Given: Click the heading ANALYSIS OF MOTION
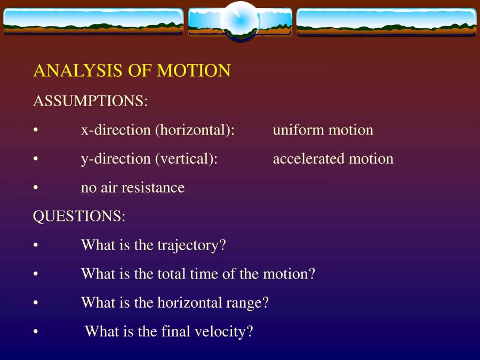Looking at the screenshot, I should coord(132,71).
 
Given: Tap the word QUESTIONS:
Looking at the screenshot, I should coord(79,217).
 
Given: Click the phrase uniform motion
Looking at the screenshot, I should coord(323,130).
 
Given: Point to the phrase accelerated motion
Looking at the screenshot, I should coord(333,159).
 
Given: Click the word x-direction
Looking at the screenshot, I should coord(116,130).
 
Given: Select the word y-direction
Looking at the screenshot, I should coord(116,159).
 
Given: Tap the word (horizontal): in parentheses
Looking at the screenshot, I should coord(195,130).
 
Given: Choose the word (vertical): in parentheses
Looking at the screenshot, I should coord(186,159).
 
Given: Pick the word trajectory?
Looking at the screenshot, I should coord(191,245).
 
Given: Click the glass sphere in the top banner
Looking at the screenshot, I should coord(239,21).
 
